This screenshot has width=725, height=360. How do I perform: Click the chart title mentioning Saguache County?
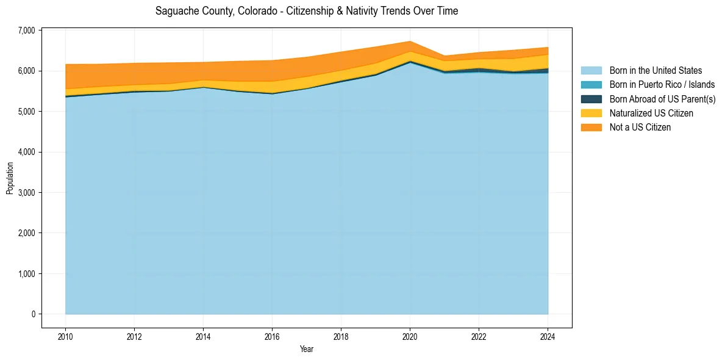(307, 11)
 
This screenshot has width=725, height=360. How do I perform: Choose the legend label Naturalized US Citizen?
(651, 113)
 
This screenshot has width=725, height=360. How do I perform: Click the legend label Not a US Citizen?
(640, 127)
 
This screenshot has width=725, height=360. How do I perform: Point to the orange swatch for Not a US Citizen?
(591, 127)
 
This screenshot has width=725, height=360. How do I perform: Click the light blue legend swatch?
(591, 71)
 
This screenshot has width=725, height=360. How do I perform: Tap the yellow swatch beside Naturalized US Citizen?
(591, 113)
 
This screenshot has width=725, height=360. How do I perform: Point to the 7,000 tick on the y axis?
(27, 31)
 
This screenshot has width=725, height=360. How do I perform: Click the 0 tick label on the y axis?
(33, 314)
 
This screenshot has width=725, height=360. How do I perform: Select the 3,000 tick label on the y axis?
(27, 193)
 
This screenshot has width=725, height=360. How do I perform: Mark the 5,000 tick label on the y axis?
(27, 112)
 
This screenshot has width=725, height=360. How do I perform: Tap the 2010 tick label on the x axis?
(65, 336)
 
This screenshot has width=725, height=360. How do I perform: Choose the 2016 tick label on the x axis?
(272, 336)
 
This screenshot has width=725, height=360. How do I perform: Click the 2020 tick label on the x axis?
(410, 336)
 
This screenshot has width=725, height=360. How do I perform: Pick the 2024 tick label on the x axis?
(548, 336)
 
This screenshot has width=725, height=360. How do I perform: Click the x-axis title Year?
(307, 349)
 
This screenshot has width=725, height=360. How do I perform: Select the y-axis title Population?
(10, 178)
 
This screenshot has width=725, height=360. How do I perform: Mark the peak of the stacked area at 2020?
(410, 41)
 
